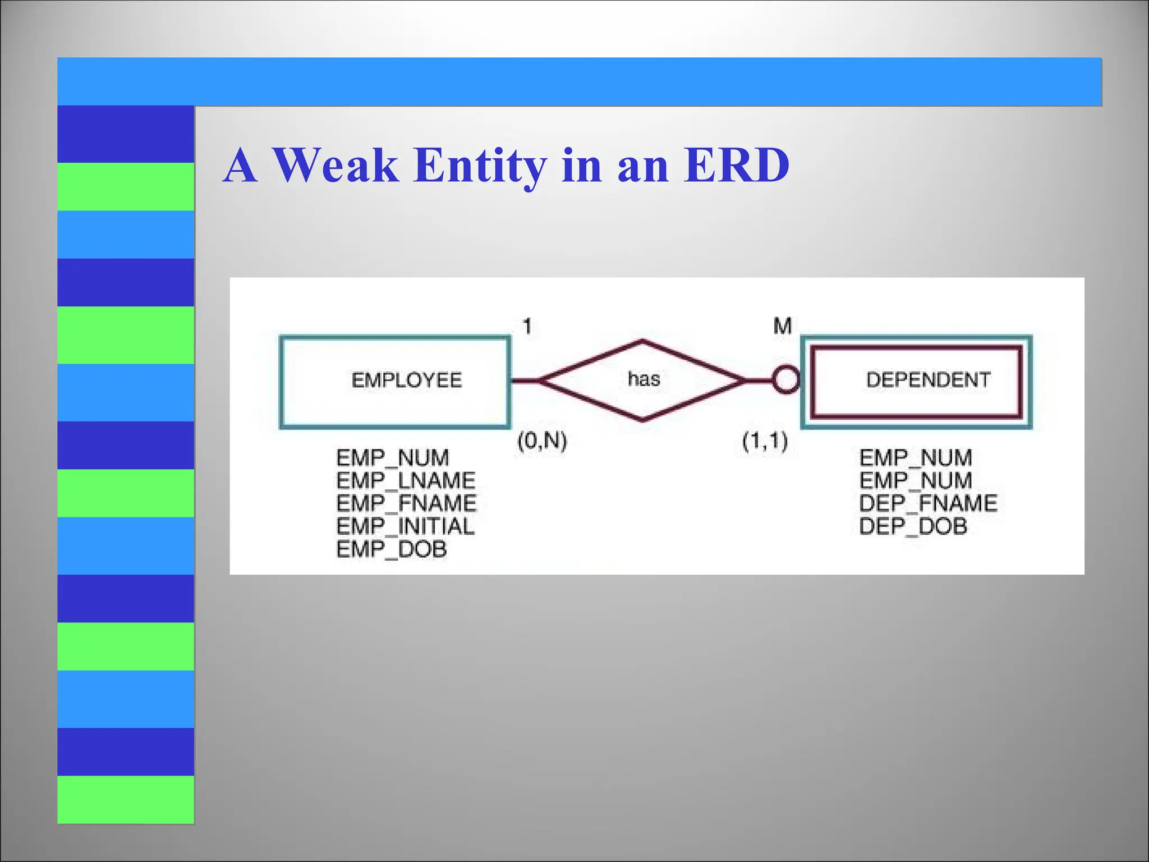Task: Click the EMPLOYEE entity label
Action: pyautogui.click(x=406, y=380)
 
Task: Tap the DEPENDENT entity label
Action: pyautogui.click(x=928, y=380)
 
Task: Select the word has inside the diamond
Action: pyautogui.click(x=644, y=379)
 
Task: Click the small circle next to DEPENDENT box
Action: pyautogui.click(x=785, y=380)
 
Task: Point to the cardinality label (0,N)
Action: pyautogui.click(x=542, y=441)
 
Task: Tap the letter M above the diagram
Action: pyautogui.click(x=782, y=326)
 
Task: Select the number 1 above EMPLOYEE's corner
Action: pyautogui.click(x=527, y=326)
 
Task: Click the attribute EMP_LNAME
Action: pyautogui.click(x=406, y=481)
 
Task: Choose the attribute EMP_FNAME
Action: pyautogui.click(x=406, y=503)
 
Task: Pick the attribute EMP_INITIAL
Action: pyautogui.click(x=405, y=526)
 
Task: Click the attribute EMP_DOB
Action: pyautogui.click(x=392, y=549)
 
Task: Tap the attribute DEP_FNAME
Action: pyautogui.click(x=928, y=503)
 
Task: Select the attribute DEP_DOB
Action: pyautogui.click(x=913, y=526)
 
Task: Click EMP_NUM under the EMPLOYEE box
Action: pyautogui.click(x=392, y=458)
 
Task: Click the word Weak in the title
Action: pyautogui.click(x=335, y=166)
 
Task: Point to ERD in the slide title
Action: pyautogui.click(x=737, y=166)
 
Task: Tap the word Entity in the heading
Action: pyautogui.click(x=480, y=166)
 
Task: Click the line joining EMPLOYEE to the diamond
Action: pyautogui.click(x=525, y=381)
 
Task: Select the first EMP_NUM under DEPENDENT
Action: pyautogui.click(x=916, y=458)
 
